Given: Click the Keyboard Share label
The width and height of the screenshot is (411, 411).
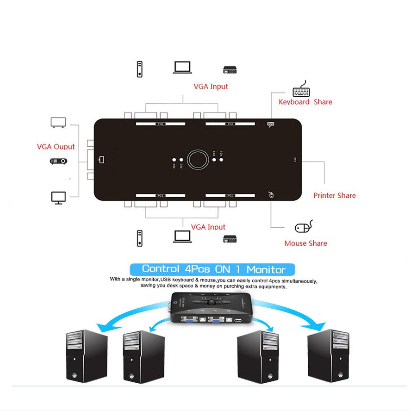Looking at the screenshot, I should [x=305, y=102].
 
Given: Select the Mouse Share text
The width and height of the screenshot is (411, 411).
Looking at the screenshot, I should [x=305, y=243].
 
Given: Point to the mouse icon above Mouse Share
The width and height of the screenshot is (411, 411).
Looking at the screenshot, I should [x=304, y=227].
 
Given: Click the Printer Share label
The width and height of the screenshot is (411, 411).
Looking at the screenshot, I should [x=334, y=195].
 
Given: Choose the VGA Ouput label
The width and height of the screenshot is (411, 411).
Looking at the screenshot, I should [x=56, y=147].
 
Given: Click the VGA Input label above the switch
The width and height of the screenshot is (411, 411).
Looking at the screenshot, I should [x=211, y=87].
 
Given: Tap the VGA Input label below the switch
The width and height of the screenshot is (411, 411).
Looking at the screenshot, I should [x=208, y=227].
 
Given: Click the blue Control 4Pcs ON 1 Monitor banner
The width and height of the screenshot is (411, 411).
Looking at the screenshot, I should [x=213, y=269].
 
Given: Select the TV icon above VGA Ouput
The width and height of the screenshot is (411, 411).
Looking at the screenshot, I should [x=58, y=123].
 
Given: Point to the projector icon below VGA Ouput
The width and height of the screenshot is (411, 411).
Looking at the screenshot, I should [x=58, y=162].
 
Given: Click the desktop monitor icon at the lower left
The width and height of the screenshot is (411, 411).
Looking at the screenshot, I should [x=58, y=198].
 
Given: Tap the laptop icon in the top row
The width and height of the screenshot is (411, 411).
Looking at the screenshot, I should [x=182, y=68].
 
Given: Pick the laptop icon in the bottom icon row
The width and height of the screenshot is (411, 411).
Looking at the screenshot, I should [x=182, y=237].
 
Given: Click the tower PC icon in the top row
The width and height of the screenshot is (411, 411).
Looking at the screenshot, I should [x=139, y=69].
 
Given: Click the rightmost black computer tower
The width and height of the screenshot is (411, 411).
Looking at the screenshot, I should [x=328, y=355].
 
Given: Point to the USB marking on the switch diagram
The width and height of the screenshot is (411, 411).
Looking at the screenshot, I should [x=295, y=160].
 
